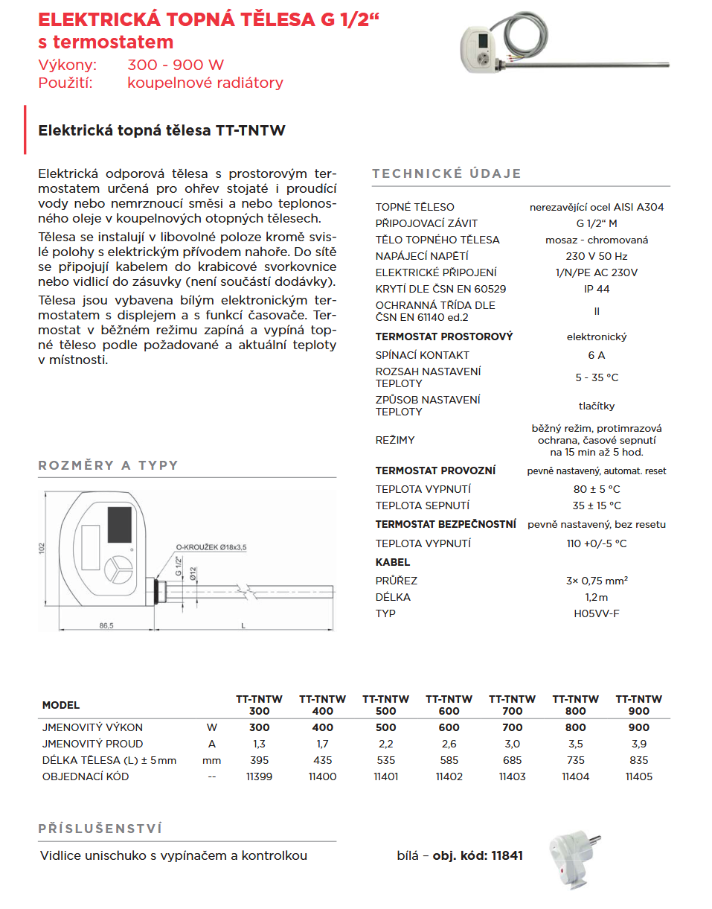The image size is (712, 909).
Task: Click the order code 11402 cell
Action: click(449, 776)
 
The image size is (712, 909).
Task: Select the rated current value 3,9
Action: click(638, 744)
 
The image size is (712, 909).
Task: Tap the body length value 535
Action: click(385, 760)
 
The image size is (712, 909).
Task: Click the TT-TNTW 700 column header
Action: click(512, 704)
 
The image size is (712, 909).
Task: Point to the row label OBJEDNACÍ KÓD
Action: click(86, 776)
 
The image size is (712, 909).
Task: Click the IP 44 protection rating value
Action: click(597, 289)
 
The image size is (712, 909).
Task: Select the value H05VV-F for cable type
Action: click(597, 613)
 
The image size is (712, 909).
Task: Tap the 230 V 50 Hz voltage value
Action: click(597, 256)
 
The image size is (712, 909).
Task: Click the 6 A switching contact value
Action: click(597, 355)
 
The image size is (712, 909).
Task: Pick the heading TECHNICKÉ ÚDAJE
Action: click(446, 173)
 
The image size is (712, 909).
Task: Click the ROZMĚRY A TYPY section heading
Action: click(109, 465)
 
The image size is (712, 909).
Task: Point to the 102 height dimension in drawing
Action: click(42, 549)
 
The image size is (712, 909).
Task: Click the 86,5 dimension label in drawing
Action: click(106, 626)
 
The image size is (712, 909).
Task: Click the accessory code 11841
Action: click(507, 855)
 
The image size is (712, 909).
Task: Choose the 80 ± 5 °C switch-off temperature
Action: click(597, 489)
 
